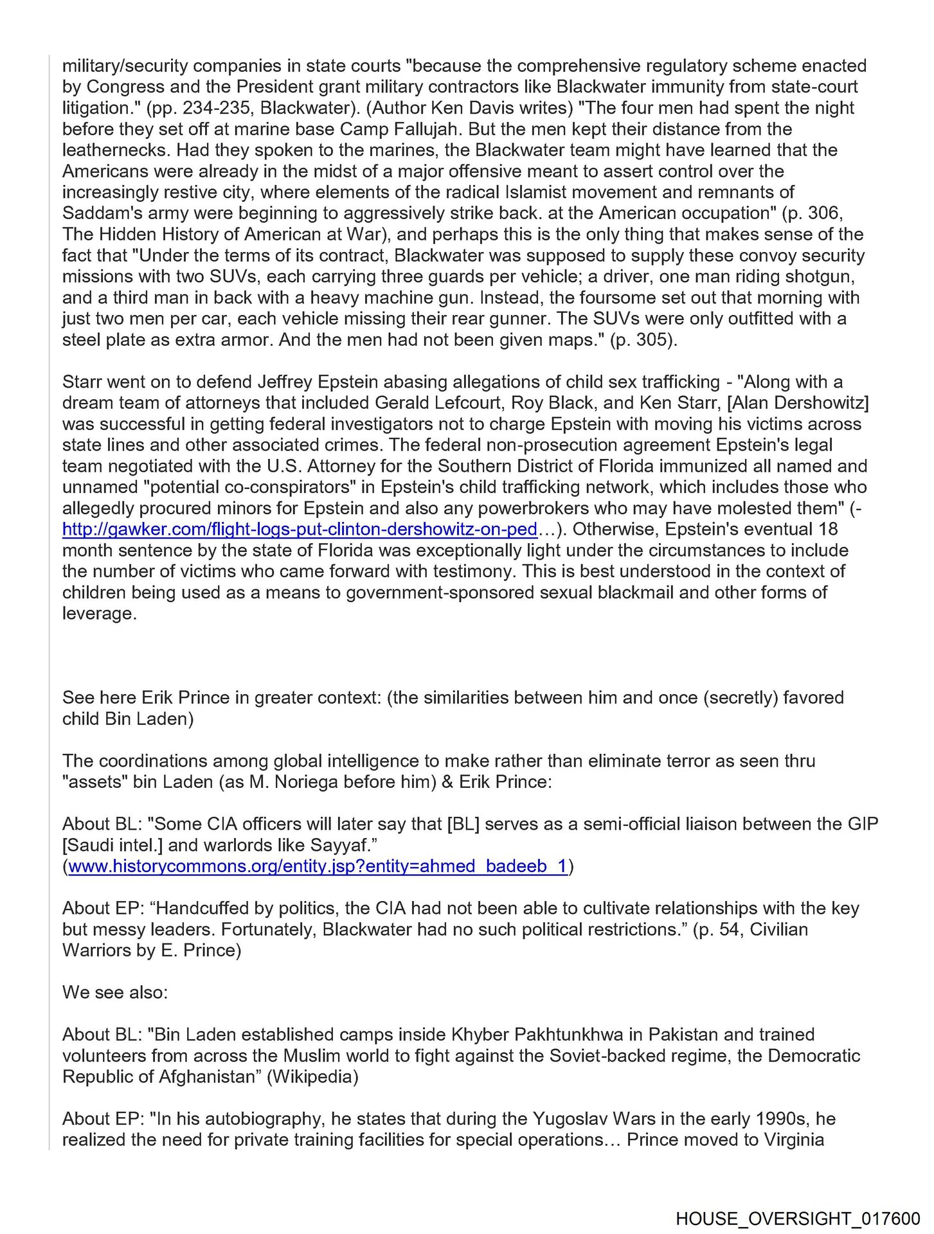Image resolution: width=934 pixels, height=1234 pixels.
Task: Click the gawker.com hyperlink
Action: click(x=300, y=529)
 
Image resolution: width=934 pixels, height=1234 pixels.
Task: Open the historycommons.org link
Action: click(x=318, y=866)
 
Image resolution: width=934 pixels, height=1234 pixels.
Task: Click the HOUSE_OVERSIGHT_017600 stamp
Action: click(x=798, y=1218)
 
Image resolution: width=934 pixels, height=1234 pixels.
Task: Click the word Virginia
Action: click(x=793, y=1140)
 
